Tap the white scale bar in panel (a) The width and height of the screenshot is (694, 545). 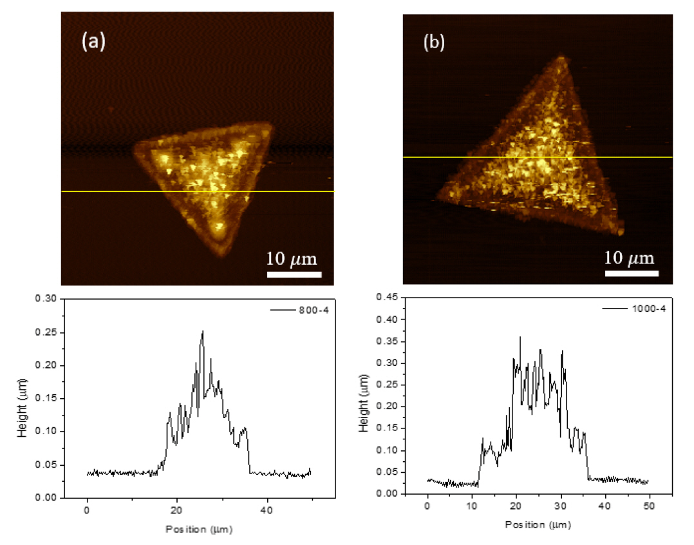tap(294, 274)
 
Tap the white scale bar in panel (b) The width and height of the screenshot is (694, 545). tap(632, 274)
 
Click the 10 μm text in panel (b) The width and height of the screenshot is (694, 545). tap(630, 258)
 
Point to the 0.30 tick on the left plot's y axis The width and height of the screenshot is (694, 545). tap(48, 299)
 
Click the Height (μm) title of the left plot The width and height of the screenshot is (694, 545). tap(23, 398)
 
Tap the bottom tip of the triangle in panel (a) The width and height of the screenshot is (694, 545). tap(223, 256)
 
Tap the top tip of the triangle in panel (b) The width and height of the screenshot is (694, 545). tap(563, 57)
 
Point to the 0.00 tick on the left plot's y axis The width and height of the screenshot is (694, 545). tap(48, 498)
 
